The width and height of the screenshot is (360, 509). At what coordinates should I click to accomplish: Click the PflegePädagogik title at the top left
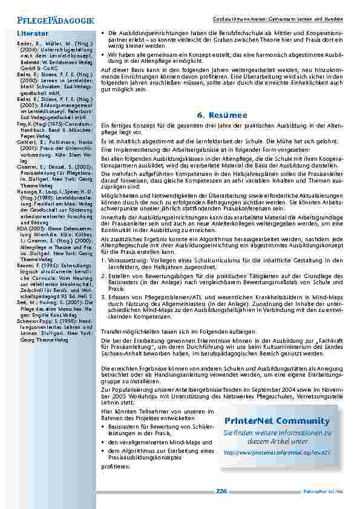(x=51, y=21)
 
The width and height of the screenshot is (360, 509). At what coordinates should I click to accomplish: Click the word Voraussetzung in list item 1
(x=131, y=260)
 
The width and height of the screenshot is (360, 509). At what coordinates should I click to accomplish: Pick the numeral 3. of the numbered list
(x=103, y=297)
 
